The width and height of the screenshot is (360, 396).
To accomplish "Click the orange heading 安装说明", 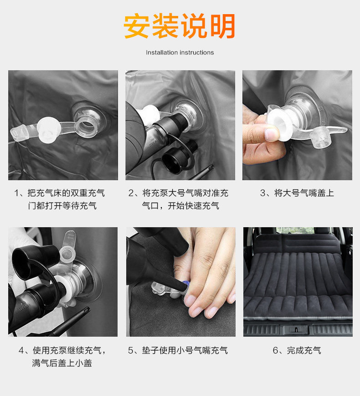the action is click(180, 26).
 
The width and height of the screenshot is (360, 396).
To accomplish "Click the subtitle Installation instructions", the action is click(180, 52).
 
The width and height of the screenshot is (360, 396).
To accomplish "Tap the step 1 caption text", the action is click(60, 199).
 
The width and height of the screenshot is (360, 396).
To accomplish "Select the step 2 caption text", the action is click(178, 199).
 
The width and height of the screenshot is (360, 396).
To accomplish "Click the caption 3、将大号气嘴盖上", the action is click(297, 193).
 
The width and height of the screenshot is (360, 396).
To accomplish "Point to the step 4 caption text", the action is click(62, 357).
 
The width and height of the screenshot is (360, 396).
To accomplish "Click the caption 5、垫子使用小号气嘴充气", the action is click(178, 350).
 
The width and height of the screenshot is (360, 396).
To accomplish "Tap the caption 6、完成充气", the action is click(297, 350).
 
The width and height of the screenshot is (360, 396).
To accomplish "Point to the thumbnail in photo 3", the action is click(271, 134).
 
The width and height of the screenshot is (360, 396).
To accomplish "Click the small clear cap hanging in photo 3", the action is click(320, 137).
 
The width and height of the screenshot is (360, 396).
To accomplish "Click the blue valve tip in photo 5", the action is click(186, 283).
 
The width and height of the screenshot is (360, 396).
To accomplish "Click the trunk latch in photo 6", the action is click(296, 329).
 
